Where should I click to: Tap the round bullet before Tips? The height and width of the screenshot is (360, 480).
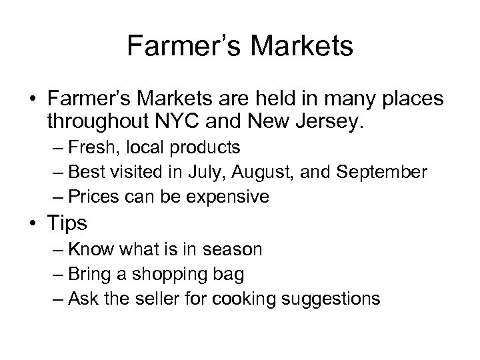32,223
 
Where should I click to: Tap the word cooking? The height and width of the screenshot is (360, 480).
247,298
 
